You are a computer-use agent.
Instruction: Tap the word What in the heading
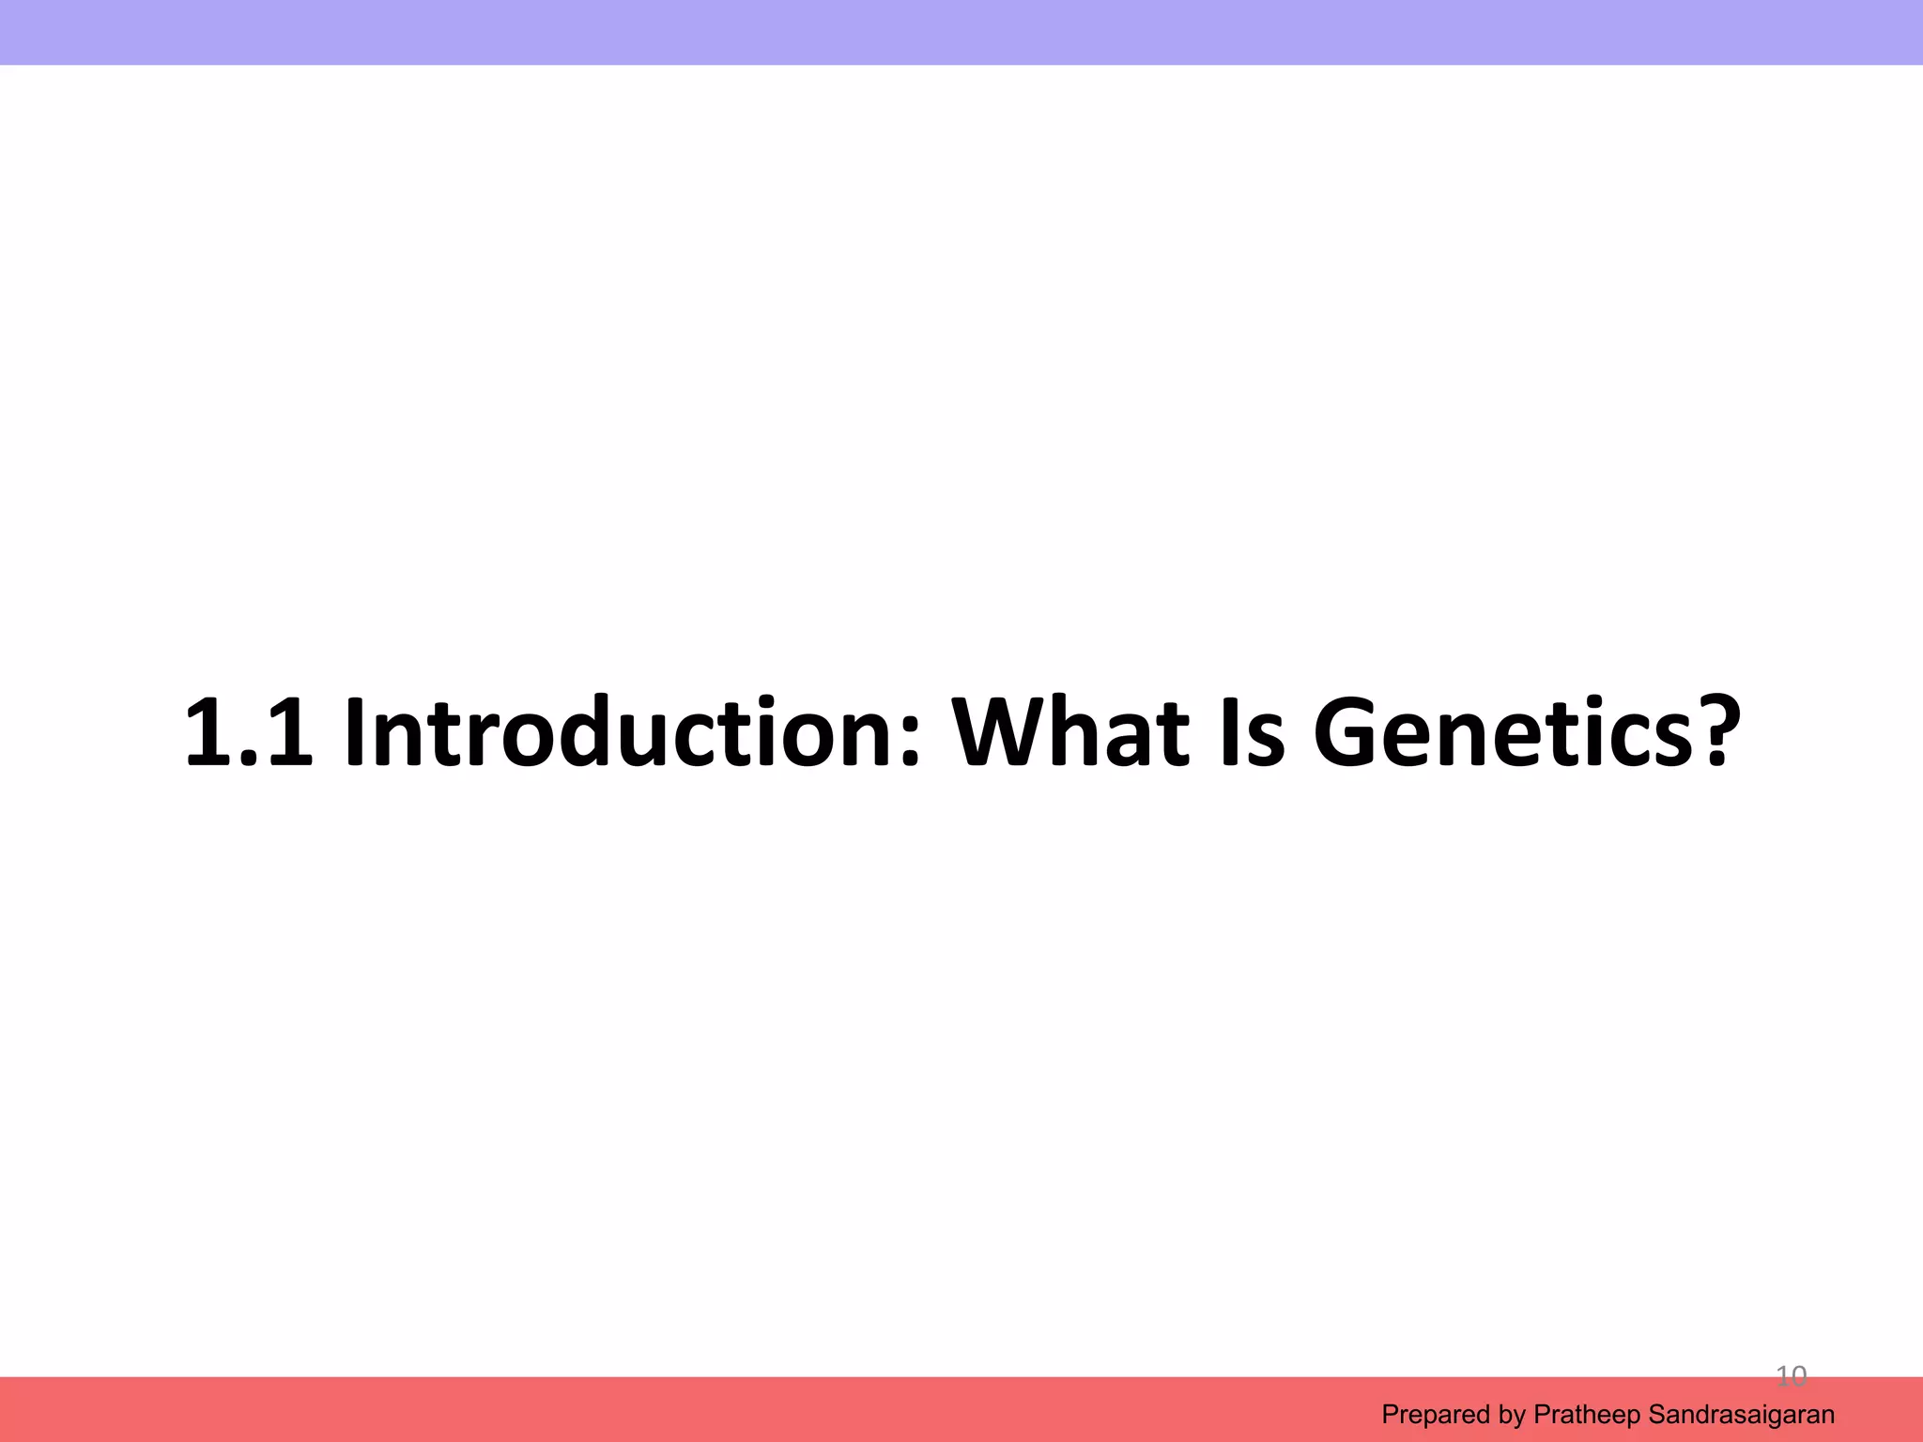pyautogui.click(x=1070, y=732)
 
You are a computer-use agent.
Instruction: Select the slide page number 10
pyautogui.click(x=1791, y=1377)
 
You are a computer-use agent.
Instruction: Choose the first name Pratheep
pyautogui.click(x=1586, y=1415)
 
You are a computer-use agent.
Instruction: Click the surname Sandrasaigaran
pyautogui.click(x=1741, y=1415)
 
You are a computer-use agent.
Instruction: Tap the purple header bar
pyautogui.click(x=961, y=32)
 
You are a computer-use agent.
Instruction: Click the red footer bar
pyautogui.click(x=657, y=1409)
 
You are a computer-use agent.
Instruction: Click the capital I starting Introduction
pyautogui.click(x=355, y=732)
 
